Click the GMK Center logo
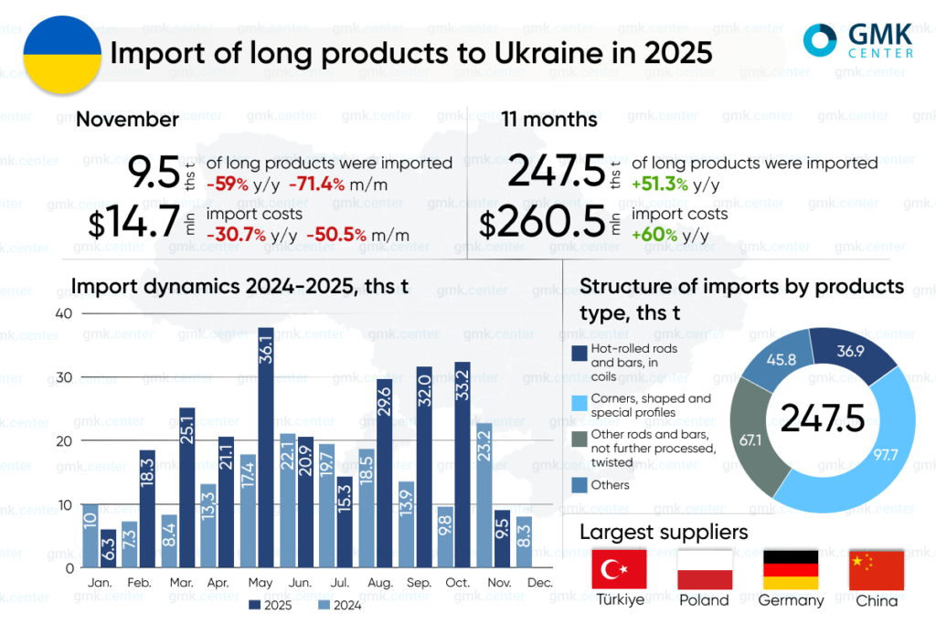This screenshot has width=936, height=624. point(856,40)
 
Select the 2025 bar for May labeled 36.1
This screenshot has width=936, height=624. point(266,448)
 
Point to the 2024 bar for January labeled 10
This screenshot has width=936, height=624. point(90,535)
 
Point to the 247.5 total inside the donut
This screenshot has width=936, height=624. point(822,418)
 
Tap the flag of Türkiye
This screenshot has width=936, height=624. point(620,569)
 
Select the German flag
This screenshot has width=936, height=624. point(791,569)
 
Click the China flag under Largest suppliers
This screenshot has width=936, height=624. point(876,569)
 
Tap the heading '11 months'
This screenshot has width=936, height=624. point(548,120)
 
